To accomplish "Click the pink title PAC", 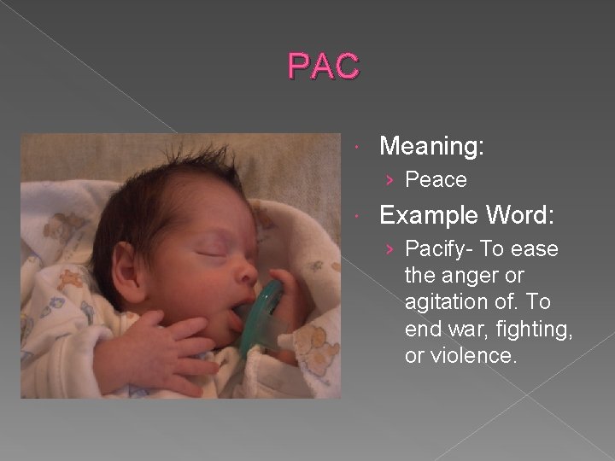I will click(324, 65).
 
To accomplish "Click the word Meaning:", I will click(431, 147).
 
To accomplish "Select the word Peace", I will click(436, 180).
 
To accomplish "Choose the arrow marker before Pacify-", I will click(390, 250).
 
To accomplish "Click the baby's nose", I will click(246, 272).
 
